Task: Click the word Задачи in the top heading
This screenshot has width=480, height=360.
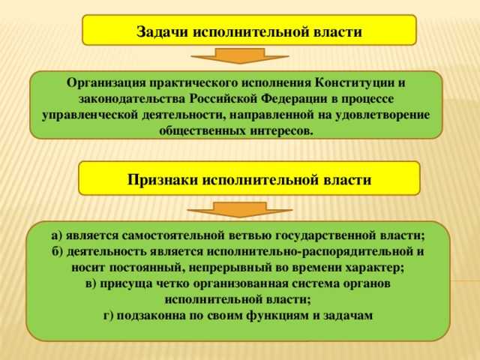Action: click(162, 32)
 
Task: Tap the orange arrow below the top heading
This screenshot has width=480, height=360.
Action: click(241, 55)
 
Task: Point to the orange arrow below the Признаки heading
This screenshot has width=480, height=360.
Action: click(240, 209)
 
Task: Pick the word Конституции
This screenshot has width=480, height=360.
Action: click(355, 82)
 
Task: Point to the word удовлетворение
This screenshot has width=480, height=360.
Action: click(385, 115)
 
